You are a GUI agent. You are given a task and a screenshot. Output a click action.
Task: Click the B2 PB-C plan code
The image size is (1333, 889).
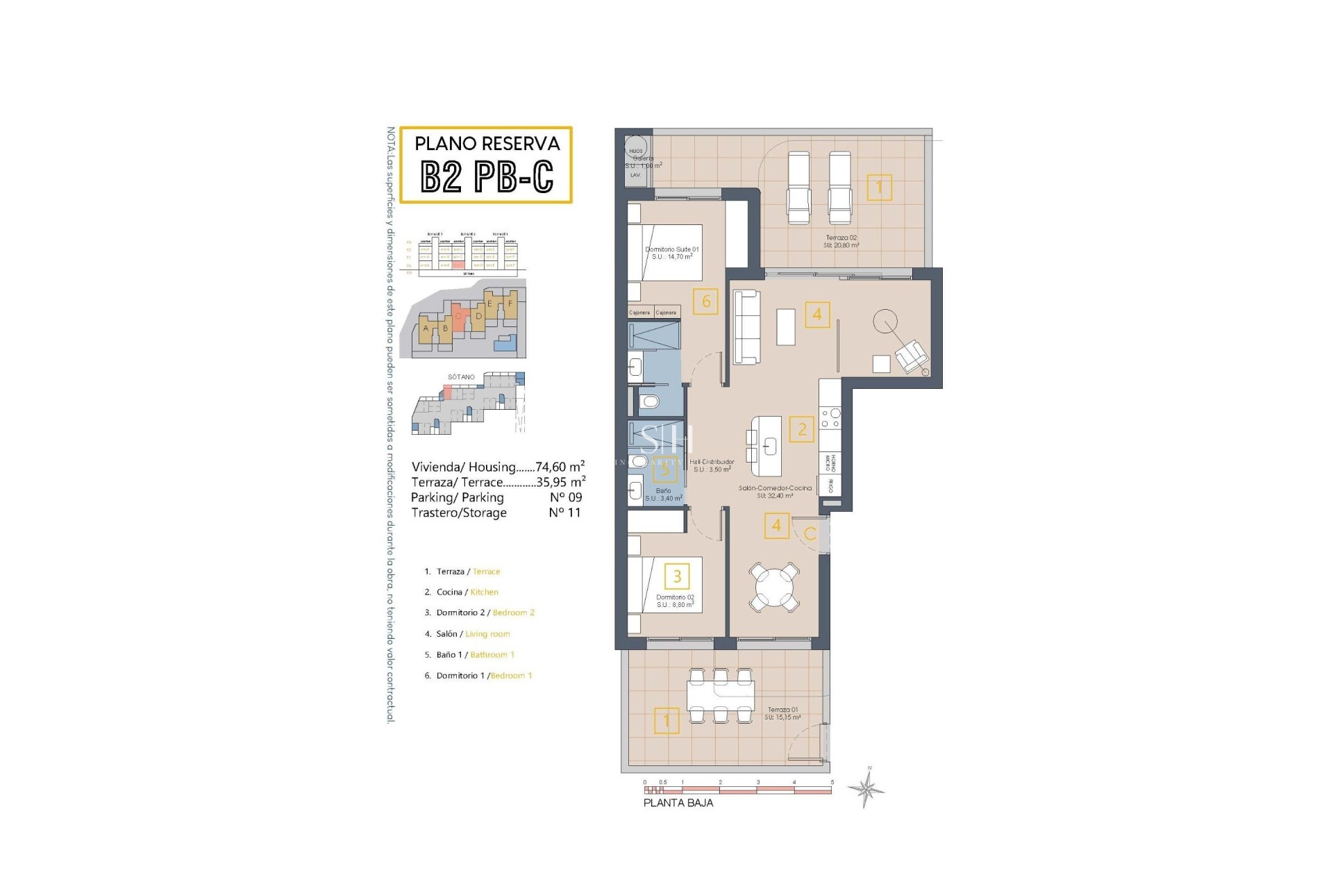(487, 176)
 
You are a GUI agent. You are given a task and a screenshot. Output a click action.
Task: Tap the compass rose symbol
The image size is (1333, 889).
(866, 788)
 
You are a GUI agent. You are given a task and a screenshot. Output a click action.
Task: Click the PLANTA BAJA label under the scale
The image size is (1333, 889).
(678, 803)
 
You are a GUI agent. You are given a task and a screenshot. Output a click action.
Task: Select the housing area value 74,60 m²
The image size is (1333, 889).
(560, 467)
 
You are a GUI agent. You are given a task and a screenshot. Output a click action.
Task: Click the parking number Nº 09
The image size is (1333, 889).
(566, 497)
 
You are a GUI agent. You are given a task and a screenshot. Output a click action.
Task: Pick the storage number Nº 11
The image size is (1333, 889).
(564, 513)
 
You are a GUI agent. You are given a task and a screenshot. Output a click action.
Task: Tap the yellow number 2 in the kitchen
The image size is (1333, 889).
(802, 429)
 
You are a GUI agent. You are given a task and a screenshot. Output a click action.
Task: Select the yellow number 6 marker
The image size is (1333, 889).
(705, 301)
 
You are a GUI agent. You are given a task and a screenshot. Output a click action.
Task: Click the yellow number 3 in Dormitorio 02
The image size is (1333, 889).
(677, 576)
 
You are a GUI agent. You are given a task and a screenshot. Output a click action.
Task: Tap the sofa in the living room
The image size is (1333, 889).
(747, 326)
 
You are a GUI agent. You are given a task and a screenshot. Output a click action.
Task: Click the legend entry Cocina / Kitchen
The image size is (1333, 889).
(461, 592)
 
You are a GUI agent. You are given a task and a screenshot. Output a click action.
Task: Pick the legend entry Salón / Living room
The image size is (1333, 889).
(467, 634)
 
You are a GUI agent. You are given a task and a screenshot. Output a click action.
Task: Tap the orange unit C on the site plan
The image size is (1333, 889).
(458, 317)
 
